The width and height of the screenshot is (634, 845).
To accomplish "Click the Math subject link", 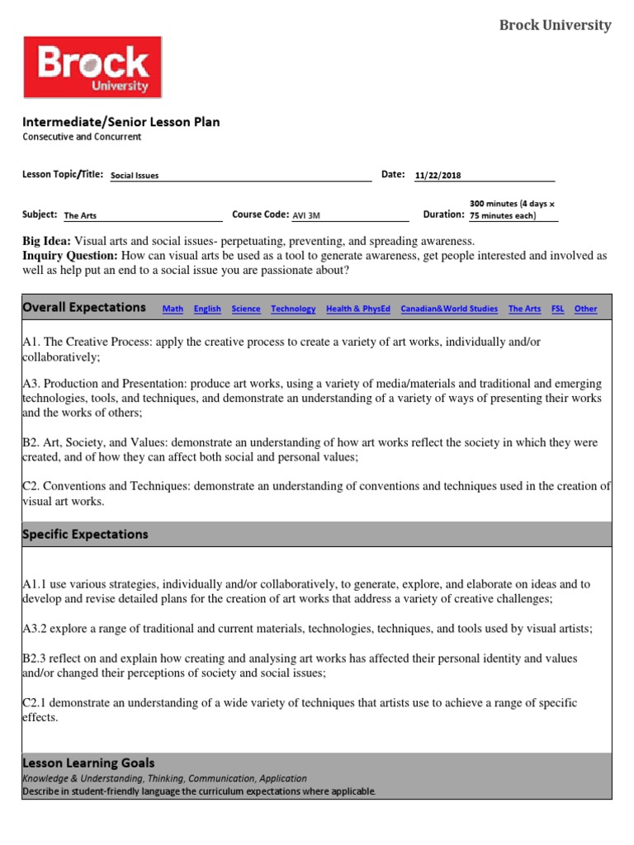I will (x=173, y=309).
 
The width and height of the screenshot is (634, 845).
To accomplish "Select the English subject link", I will (x=207, y=309).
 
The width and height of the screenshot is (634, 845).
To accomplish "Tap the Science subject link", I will (x=246, y=309).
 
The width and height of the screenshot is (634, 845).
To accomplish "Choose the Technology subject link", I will (x=293, y=309).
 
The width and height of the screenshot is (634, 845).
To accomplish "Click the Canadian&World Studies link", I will (x=449, y=309).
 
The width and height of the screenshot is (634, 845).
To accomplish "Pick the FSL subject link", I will (x=558, y=309).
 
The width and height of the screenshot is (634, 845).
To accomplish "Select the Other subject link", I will (x=586, y=309).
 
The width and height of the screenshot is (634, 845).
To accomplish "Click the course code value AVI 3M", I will (x=306, y=216).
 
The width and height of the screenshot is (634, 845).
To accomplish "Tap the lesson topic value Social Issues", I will (x=135, y=176).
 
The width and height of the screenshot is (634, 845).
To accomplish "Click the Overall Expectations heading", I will (x=84, y=307).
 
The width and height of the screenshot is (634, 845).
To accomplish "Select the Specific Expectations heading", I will (x=86, y=534).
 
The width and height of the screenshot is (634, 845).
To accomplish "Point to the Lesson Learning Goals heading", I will (x=88, y=763).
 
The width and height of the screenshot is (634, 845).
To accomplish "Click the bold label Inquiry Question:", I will (x=71, y=256).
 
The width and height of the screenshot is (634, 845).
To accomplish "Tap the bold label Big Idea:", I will (x=47, y=241).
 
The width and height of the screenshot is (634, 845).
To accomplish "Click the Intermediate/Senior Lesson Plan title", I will (x=121, y=122).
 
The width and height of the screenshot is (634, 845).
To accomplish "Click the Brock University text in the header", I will (x=556, y=26).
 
